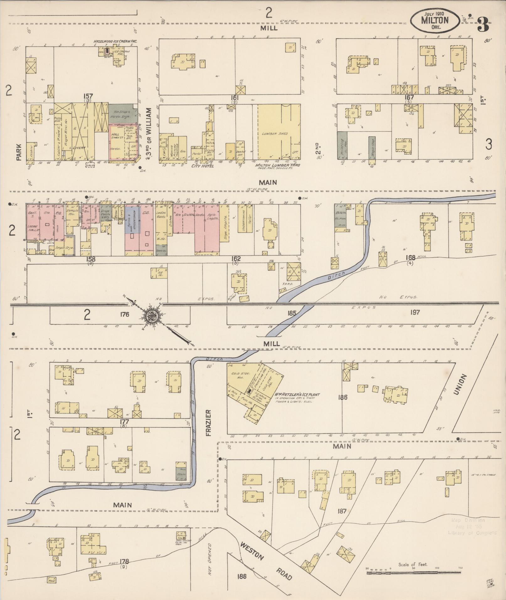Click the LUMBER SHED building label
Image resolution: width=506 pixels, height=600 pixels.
point(275,134)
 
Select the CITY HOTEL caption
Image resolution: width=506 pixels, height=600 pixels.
point(202,166)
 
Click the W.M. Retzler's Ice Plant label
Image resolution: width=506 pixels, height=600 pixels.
point(297,395)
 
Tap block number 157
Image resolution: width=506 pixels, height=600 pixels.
point(88,97)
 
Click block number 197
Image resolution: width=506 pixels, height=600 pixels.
point(415,312)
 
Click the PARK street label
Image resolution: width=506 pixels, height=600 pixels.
point(19,152)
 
